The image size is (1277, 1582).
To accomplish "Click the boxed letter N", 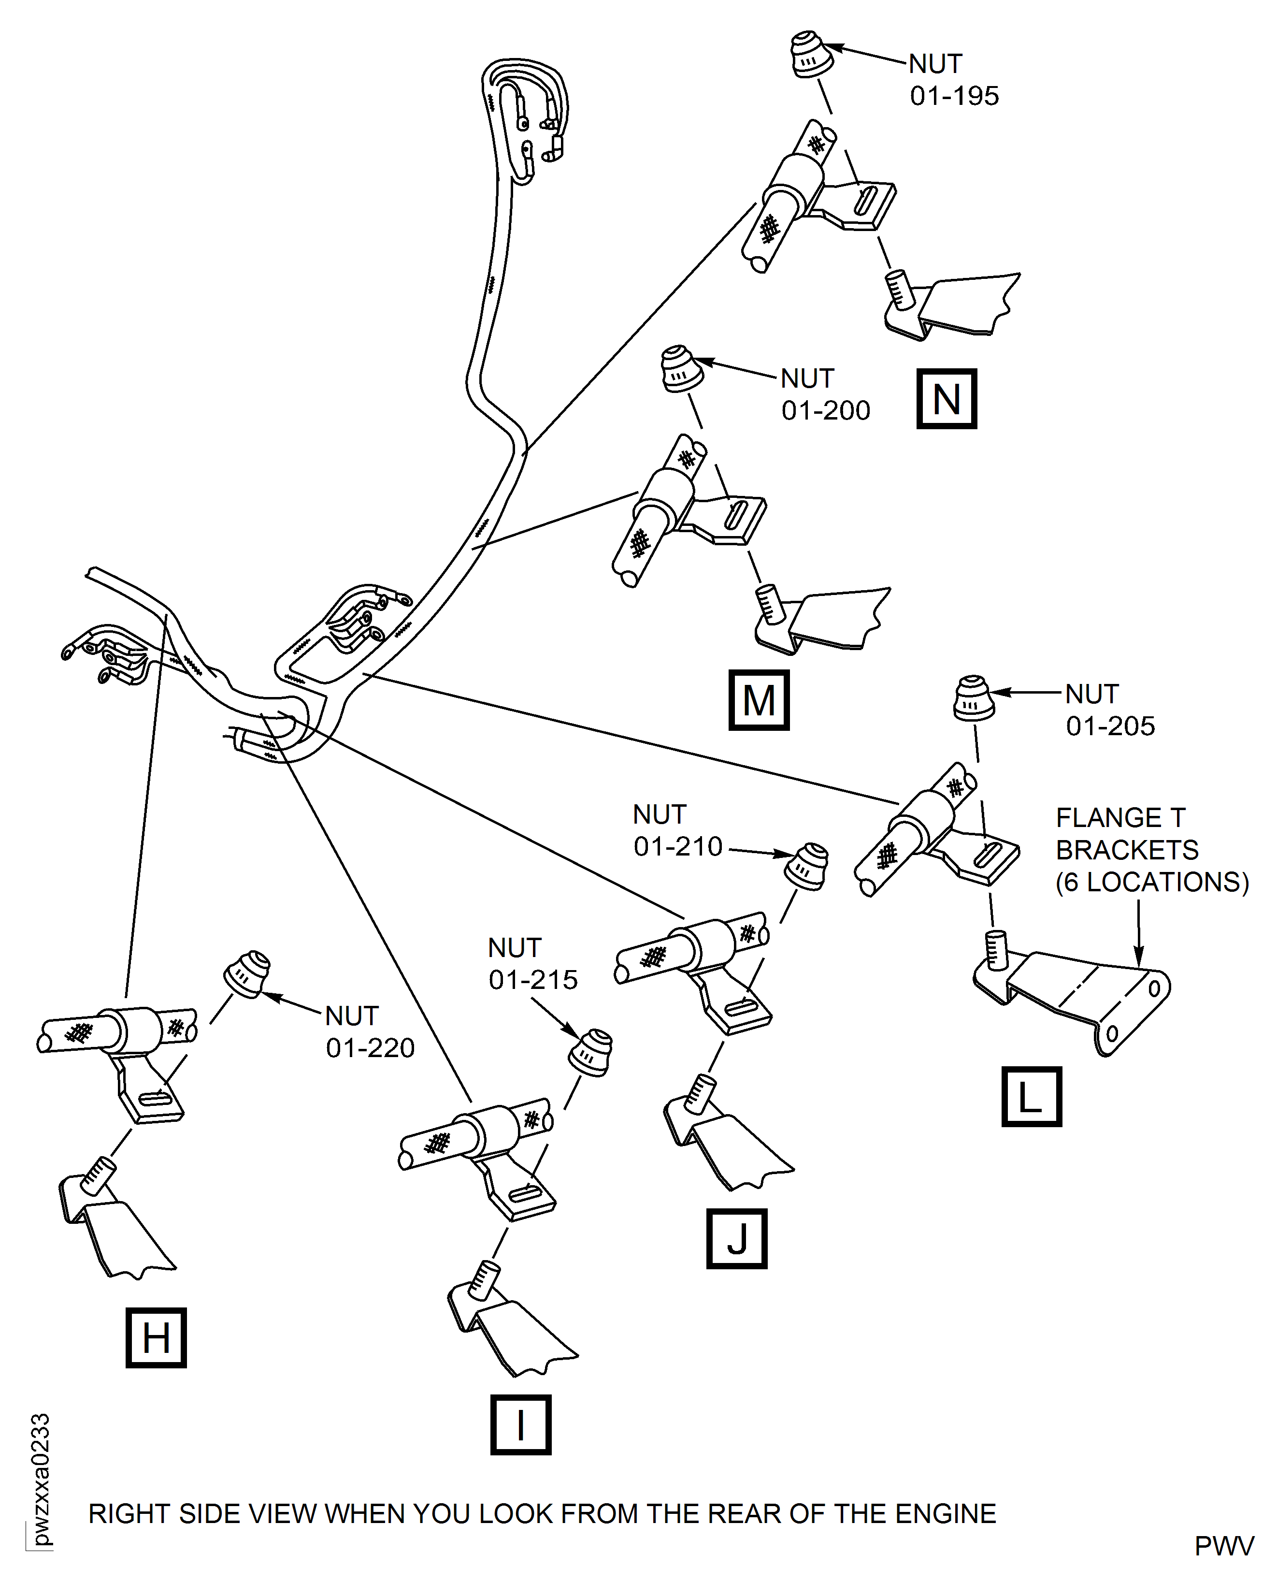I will point(946,399).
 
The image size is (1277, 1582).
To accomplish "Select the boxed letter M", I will point(759,700).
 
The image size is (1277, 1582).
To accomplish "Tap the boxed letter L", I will point(1031,1096).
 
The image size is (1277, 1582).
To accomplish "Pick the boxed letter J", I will point(736,1238).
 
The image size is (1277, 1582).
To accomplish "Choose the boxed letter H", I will point(156,1338).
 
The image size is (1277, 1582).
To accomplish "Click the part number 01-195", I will point(954,96).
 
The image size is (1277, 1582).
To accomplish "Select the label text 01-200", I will point(825,410).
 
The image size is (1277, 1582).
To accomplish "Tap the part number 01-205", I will point(1110,726).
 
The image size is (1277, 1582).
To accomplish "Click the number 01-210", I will point(677,847).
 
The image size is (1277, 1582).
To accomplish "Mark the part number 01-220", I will point(370,1048).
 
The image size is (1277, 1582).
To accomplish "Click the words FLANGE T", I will point(1120,817).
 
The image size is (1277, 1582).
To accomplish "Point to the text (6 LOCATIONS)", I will point(1152,882).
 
